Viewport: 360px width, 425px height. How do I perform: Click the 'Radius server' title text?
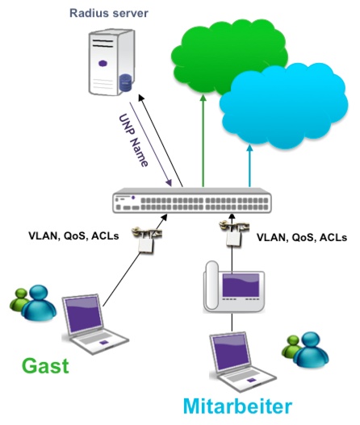pos(109,13)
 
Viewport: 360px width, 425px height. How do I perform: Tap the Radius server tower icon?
pos(111,62)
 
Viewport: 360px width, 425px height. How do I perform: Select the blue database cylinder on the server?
pos(126,82)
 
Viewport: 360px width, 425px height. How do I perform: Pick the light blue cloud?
pos(283,106)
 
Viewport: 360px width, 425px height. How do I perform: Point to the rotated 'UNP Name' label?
pos(133,140)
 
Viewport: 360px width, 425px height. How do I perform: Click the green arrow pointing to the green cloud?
pos(203,140)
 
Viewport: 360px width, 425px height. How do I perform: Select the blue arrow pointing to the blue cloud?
pos(250,165)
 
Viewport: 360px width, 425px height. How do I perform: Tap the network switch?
pos(192,200)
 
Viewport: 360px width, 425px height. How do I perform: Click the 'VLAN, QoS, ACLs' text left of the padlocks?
pos(73,235)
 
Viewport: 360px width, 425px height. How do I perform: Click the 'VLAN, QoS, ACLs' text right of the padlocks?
pos(302,237)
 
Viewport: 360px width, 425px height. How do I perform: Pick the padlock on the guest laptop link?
pos(146,240)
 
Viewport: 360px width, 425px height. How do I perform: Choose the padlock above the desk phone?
pos(234,233)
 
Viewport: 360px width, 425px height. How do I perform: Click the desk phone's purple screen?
pos(241,285)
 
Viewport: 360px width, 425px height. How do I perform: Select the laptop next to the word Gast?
pos(94,324)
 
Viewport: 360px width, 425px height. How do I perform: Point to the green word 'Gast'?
pos(45,366)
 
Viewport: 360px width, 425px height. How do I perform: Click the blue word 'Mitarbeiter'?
pos(237,406)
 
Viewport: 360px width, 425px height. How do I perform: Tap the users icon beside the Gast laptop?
pos(33,303)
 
